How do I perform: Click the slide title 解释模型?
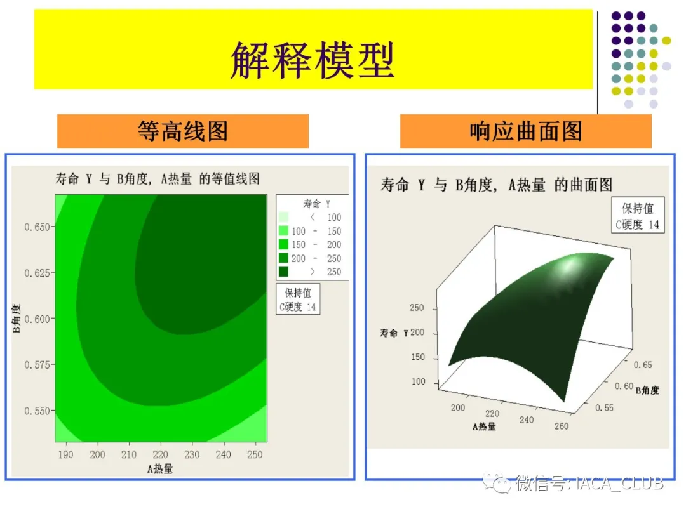(x=313, y=60)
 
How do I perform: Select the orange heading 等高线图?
(x=183, y=131)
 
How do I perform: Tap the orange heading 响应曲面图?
(x=525, y=131)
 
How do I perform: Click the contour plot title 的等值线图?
(x=229, y=178)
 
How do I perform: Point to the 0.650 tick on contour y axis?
(x=37, y=227)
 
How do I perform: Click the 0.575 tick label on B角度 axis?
(x=37, y=364)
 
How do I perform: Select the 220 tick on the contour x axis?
(x=161, y=454)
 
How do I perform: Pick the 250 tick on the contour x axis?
(x=255, y=454)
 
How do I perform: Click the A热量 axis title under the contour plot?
(x=160, y=469)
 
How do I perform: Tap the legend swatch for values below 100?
(x=283, y=217)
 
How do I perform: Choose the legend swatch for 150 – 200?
(x=283, y=244)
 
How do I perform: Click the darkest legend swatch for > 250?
(x=283, y=272)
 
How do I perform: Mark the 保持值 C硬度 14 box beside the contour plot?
(x=298, y=300)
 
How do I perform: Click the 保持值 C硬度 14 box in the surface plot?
(x=638, y=215)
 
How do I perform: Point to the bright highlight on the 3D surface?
(x=567, y=266)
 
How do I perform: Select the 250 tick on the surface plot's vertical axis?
(x=417, y=308)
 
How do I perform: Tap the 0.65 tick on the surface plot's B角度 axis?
(x=643, y=364)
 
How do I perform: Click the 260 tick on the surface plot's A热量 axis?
(x=562, y=426)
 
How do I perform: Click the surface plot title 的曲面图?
(x=584, y=185)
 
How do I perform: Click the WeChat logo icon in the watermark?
(x=497, y=484)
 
